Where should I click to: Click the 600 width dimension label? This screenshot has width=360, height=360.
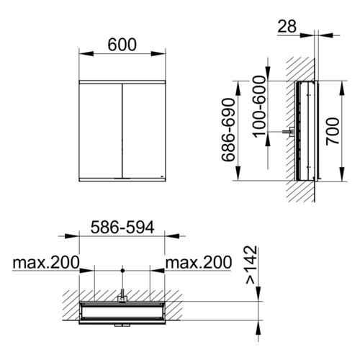pyautogui.click(x=122, y=45)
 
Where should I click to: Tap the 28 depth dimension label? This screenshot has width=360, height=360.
pyautogui.click(x=287, y=26)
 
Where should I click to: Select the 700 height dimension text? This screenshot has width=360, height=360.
pyautogui.click(x=333, y=131)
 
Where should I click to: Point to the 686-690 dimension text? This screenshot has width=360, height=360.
pyautogui.click(x=228, y=130)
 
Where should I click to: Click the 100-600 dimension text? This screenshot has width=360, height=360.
pyautogui.click(x=260, y=107)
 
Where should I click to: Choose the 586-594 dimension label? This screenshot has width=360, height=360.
pyautogui.click(x=122, y=228)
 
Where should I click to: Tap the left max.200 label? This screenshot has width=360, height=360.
pyautogui.click(x=46, y=262)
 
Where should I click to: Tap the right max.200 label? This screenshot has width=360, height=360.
pyautogui.click(x=199, y=262)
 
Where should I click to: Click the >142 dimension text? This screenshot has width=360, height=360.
pyautogui.click(x=251, y=264)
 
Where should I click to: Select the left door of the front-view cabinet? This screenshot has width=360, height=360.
pyautogui.click(x=101, y=131)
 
